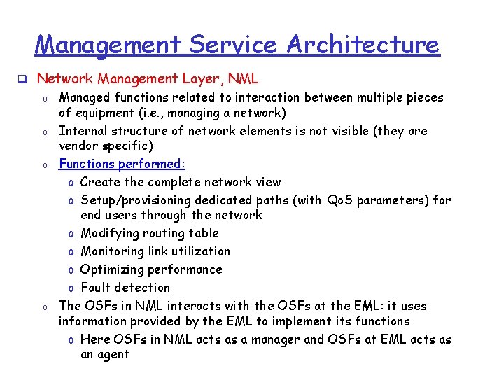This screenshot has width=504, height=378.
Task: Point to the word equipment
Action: coord(106,113)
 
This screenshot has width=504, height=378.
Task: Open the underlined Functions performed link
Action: coord(122,164)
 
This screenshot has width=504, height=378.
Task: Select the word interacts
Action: coord(213,306)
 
